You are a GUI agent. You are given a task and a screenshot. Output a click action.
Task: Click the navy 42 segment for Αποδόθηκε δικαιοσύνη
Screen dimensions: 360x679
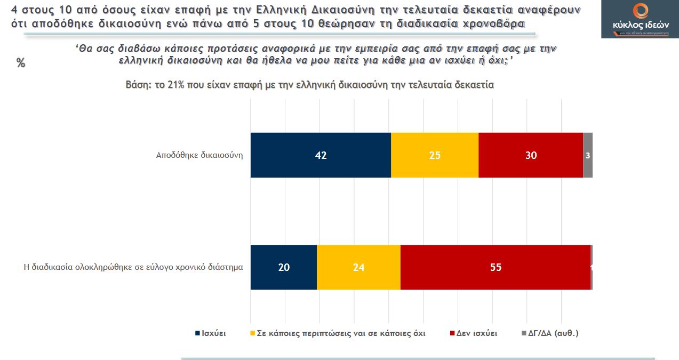point(321,155)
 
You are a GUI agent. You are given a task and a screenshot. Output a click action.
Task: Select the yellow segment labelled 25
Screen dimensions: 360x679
point(435,155)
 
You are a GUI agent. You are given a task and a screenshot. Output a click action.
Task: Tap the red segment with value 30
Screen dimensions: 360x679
point(531,155)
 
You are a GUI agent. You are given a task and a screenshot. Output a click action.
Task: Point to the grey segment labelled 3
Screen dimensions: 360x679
point(588,155)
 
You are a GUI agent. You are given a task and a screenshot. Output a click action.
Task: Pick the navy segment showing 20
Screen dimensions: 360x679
point(284,267)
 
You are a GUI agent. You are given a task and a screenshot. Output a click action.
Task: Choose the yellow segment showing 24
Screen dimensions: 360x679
point(358,267)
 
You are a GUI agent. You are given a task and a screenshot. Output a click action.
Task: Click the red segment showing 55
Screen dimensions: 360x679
point(496,267)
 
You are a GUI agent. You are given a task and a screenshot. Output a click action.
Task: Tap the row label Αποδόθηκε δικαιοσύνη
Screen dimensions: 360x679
point(199,156)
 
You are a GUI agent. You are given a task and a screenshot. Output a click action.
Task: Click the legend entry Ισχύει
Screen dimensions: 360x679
point(213,333)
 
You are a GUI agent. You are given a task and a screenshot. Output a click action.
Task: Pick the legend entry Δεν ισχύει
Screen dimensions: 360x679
point(476,333)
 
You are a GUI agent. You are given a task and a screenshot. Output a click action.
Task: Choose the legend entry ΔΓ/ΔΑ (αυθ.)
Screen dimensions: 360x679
point(553,333)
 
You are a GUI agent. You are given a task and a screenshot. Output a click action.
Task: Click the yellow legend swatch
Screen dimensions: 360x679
point(252,333)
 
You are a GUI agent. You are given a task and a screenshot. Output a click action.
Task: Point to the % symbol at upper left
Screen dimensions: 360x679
point(21,63)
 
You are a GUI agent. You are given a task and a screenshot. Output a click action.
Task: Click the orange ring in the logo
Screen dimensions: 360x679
point(640,11)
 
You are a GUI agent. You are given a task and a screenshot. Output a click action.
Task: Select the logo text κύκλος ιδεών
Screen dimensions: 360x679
point(640,25)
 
